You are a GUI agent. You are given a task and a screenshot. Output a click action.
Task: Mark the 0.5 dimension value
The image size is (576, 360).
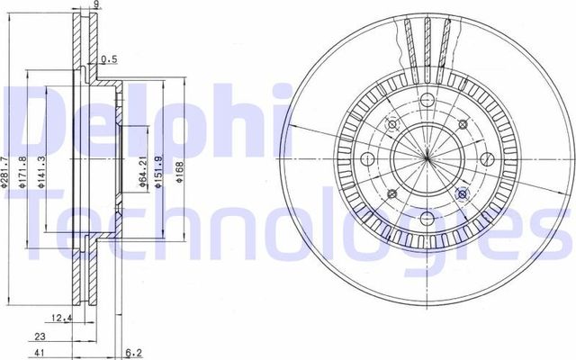[x=109, y=60]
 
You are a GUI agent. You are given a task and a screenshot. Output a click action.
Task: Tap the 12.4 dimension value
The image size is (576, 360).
[x=61, y=317]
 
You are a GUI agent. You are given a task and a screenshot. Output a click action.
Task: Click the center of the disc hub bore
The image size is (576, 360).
[x=426, y=159]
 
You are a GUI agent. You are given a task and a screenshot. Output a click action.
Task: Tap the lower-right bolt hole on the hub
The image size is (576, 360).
[x=462, y=193]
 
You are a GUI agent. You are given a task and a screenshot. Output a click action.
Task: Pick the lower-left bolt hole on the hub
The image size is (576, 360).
[x=391, y=193]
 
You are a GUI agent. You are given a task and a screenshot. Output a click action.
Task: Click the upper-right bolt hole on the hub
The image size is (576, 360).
[x=461, y=125]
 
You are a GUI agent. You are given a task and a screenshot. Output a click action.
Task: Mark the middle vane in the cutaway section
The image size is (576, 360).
[x=426, y=40]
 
